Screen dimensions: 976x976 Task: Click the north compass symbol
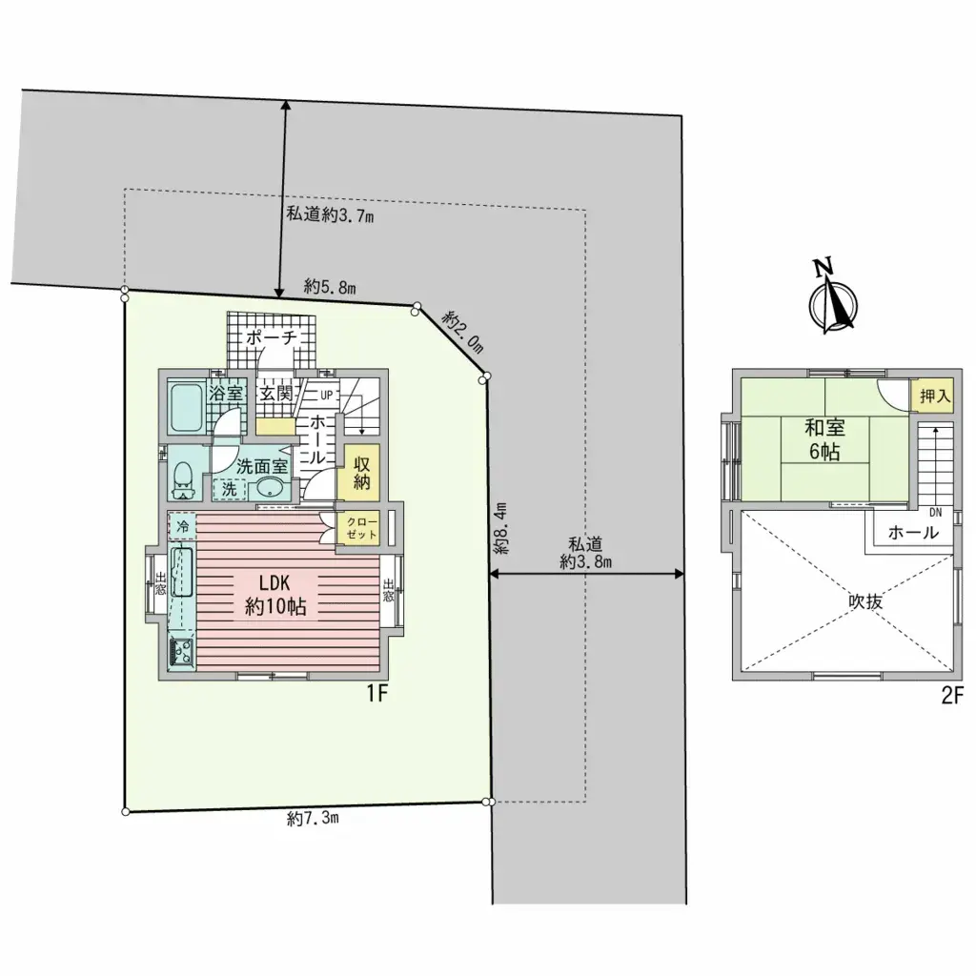coord(833,298)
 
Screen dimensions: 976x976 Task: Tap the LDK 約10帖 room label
coord(275,595)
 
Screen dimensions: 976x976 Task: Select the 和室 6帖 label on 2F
coord(824,439)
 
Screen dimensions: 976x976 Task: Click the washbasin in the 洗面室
coord(270,489)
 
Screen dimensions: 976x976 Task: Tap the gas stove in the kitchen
coord(181,652)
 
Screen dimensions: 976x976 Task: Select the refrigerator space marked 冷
coord(182,526)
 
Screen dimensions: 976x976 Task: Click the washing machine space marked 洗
coord(230,489)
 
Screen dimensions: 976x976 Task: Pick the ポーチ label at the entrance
coord(271,338)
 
